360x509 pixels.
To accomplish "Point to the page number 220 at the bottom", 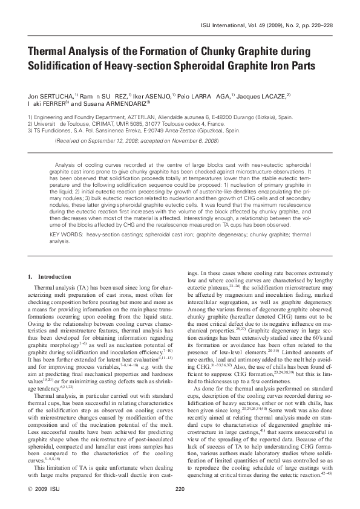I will (x=180, y=488).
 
